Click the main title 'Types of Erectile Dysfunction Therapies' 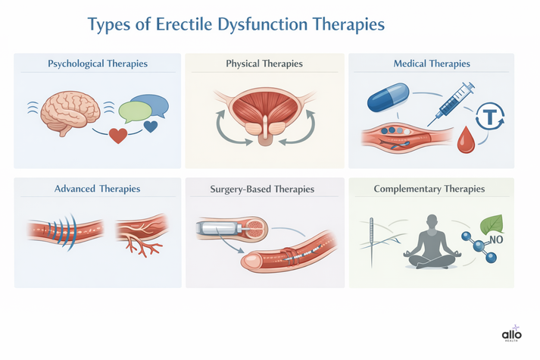point(236,23)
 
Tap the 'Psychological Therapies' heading point(97,64)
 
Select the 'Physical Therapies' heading point(264,64)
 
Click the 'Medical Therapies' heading point(431,64)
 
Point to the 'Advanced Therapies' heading point(97,188)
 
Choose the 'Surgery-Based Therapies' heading point(264,188)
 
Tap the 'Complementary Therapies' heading point(429,188)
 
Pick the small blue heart point(150,126)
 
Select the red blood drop point(467,138)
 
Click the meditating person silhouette point(429,242)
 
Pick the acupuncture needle point(372,241)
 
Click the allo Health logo point(513,336)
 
